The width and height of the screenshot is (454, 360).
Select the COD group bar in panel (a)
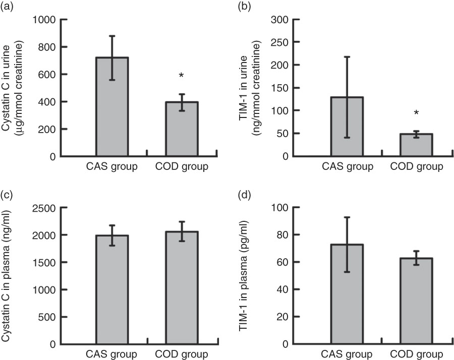[181, 129]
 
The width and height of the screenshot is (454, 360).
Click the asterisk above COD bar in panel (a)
[181, 76]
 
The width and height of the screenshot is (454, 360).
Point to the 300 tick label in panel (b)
[282, 20]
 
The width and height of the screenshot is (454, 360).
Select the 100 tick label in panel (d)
[282, 208]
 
